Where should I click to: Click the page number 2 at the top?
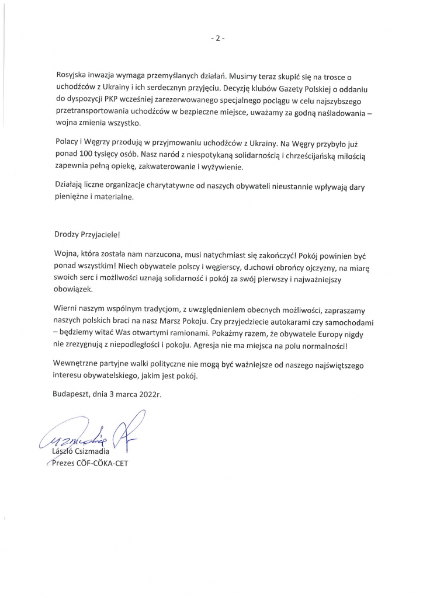(217, 39)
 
